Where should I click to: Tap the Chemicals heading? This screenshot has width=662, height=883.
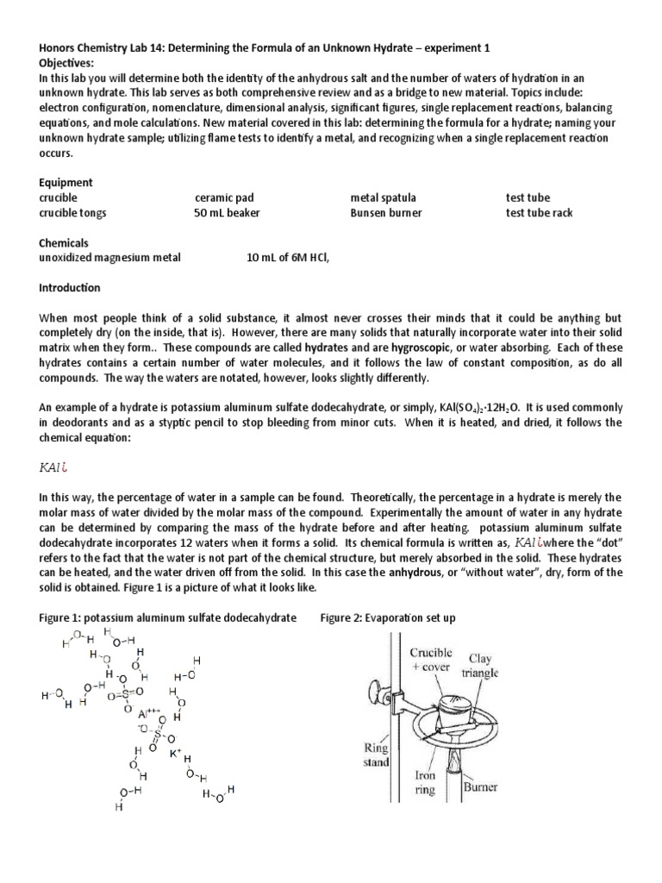[x=64, y=243]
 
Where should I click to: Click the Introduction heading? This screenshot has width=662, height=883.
[x=70, y=288]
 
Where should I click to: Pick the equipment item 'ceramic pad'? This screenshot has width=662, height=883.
[x=227, y=198]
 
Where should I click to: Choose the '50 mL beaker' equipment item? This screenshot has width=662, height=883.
[x=227, y=213]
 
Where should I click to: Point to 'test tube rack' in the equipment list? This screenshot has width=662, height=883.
[x=539, y=213]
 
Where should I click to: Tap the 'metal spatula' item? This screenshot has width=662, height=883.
[x=381, y=198]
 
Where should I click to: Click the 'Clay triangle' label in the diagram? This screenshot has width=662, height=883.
[x=480, y=665]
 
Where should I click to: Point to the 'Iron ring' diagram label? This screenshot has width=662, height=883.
[x=423, y=781]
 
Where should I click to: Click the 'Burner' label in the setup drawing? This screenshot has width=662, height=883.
[x=482, y=786]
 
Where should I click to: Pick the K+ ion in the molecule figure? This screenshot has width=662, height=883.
[x=175, y=753]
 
